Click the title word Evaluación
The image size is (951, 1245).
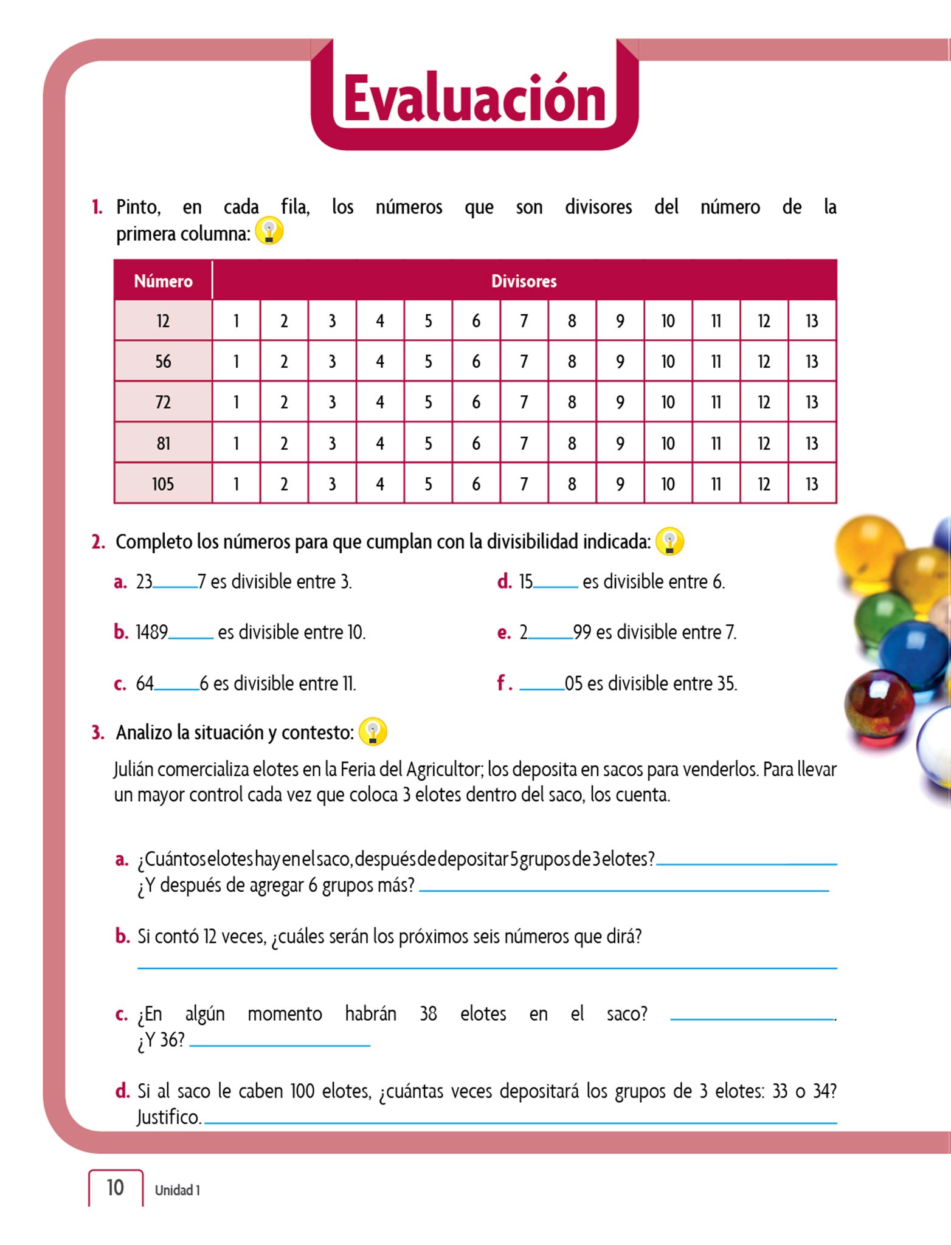[x=474, y=98]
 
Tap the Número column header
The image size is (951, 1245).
[x=163, y=281]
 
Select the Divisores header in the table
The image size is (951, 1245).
[x=524, y=281]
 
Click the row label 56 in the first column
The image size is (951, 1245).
[x=163, y=362]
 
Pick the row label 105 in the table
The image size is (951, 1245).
[x=163, y=484]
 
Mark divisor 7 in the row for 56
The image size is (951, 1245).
[x=524, y=362]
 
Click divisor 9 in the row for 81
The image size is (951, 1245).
[x=620, y=443]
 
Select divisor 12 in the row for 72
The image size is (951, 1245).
[x=764, y=402]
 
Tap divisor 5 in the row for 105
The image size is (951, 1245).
[x=428, y=484]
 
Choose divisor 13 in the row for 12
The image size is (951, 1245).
[x=812, y=321]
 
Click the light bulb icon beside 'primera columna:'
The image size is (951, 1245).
[x=269, y=232]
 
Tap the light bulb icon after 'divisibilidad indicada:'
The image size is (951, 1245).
[x=669, y=541]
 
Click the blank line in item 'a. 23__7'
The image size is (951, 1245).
[x=175, y=585]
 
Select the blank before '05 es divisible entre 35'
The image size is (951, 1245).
[x=542, y=687]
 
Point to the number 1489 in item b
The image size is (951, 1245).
[x=151, y=632]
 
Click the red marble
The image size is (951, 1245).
[x=879, y=705]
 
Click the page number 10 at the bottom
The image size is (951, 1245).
[x=115, y=1188]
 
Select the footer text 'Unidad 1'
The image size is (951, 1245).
[x=177, y=1190]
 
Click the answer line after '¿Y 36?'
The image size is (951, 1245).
[x=280, y=1044]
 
